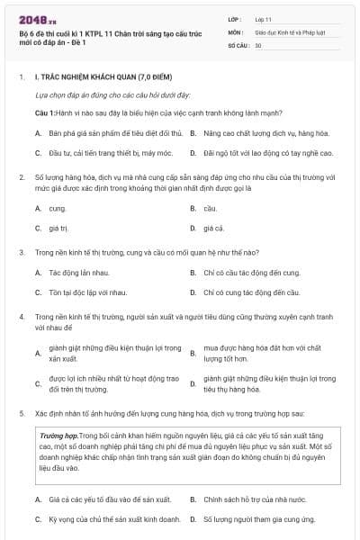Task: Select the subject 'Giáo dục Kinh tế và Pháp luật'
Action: (x=285, y=31)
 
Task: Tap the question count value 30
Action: (x=258, y=44)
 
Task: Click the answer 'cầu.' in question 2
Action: (x=210, y=208)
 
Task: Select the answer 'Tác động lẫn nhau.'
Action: (x=79, y=272)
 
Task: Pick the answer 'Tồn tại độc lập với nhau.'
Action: (x=87, y=292)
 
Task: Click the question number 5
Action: (x=21, y=412)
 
